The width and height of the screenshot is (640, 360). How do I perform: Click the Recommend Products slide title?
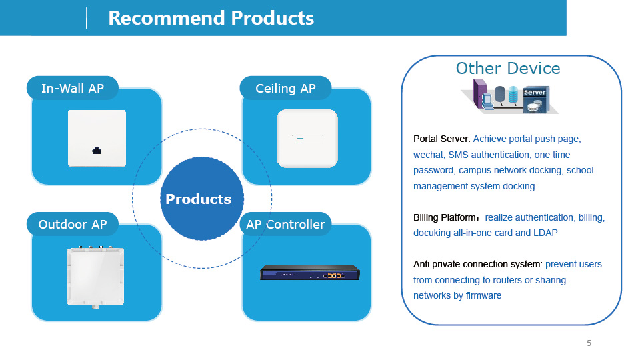pos(211,18)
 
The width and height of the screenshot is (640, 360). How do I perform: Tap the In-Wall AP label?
pos(73,88)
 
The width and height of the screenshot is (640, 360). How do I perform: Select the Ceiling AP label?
pos(285,88)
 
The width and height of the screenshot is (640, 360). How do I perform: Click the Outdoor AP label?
pos(73,224)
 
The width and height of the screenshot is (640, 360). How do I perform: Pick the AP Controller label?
pos(285,224)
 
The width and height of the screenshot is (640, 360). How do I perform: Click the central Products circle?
pos(201,199)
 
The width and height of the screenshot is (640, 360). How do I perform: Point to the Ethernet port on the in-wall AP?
pos(97,151)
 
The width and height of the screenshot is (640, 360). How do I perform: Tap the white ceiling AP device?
pos(307,139)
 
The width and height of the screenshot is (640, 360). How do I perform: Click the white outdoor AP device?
pos(95,276)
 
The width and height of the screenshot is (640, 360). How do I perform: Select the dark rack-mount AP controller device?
pos(310,273)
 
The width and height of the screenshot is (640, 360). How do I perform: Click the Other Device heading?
pos(508,68)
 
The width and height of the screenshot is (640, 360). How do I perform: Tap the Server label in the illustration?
pos(535,93)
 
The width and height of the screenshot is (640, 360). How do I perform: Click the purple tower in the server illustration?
pos(480,93)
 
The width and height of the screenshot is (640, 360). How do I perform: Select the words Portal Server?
pos(441,139)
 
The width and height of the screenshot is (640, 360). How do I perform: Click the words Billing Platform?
pos(445,217)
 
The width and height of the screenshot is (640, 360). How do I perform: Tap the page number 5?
pos(589,343)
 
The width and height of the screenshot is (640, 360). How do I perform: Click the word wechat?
pos(428,155)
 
